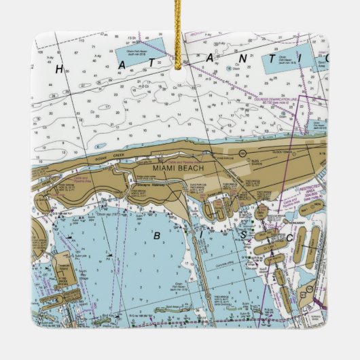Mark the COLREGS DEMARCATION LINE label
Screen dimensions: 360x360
[x=292, y=102]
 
